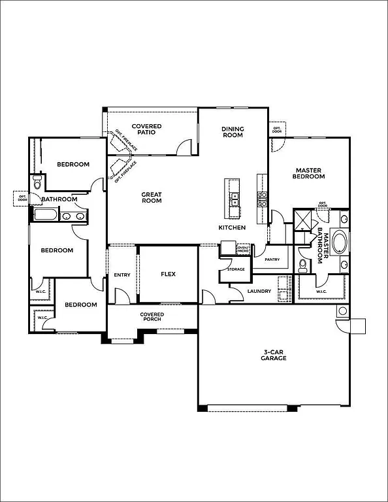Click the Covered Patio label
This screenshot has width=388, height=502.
(146, 129)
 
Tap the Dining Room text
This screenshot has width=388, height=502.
(232, 132)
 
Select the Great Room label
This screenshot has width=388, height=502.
(152, 197)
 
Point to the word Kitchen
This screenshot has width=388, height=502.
(232, 227)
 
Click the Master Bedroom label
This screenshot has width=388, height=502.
(308, 173)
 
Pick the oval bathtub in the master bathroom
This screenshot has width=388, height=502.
(340, 241)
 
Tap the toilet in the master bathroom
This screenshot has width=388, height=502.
(302, 265)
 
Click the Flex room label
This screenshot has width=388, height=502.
(169, 274)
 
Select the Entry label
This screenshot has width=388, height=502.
(122, 275)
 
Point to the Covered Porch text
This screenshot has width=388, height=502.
(152, 317)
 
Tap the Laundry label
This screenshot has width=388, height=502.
(259, 291)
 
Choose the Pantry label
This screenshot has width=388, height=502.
(272, 259)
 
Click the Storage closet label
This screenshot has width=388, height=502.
(236, 269)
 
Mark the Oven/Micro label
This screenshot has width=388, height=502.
(243, 248)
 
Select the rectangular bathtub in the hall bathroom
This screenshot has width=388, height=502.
(44, 215)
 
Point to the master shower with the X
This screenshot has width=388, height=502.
(302, 220)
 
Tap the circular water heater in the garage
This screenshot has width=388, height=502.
(341, 310)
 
